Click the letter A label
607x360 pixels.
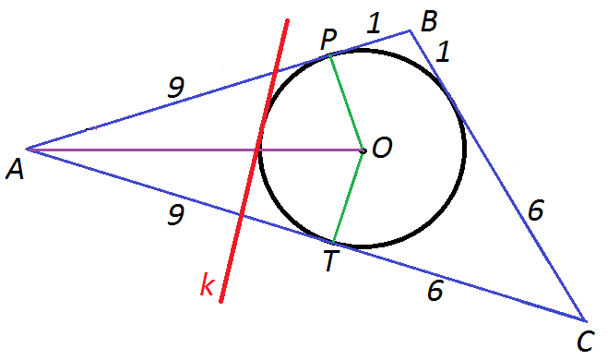pyautogui.click(x=15, y=170)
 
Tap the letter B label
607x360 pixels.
pyautogui.click(x=429, y=21)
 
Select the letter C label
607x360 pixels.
pyautogui.click(x=585, y=342)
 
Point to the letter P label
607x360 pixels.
pyautogui.click(x=328, y=40)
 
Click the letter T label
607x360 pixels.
pyautogui.click(x=330, y=261)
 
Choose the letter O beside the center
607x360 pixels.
pyautogui.click(x=382, y=148)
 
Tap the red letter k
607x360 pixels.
pyautogui.click(x=207, y=285)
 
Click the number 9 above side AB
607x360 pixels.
pyautogui.click(x=176, y=87)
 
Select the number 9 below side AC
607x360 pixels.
pyautogui.click(x=175, y=215)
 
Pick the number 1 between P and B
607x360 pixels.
pyautogui.click(x=374, y=22)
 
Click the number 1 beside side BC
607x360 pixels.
pyautogui.click(x=443, y=52)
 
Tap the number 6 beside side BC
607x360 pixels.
pyautogui.click(x=536, y=210)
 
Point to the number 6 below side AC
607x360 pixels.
pyautogui.click(x=435, y=291)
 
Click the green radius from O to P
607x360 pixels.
pyautogui.click(x=346, y=103)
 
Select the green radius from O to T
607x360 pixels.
pyautogui.click(x=348, y=197)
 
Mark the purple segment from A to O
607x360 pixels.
pyautogui.click(x=195, y=150)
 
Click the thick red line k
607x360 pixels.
pyautogui.click(x=254, y=161)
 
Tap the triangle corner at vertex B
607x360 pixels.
pyautogui.click(x=410, y=30)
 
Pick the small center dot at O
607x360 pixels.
pyautogui.click(x=363, y=150)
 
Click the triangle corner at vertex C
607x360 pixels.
pyautogui.click(x=585, y=321)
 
